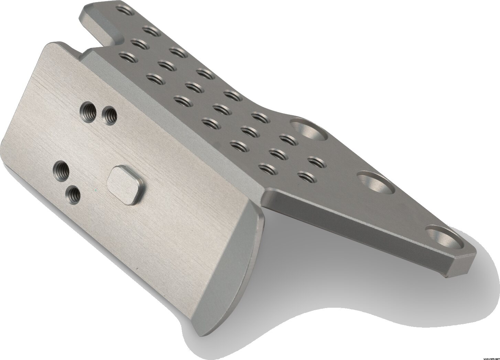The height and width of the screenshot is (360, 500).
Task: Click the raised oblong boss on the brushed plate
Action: tap(126, 185)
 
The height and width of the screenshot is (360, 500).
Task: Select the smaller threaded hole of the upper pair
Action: tap(109, 116)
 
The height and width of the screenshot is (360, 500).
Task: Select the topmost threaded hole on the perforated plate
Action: tap(125, 10)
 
